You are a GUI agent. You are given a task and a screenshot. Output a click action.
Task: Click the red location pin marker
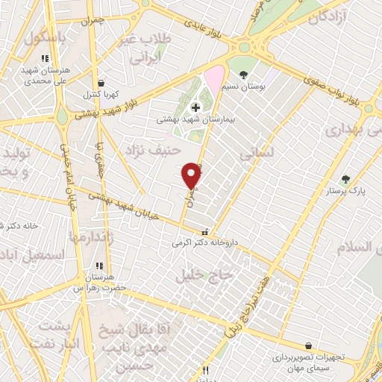tap(192, 175)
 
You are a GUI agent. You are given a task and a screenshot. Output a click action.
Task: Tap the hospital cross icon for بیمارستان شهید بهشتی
tap(195, 108)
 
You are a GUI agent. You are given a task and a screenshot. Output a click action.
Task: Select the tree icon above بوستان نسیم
tap(244, 74)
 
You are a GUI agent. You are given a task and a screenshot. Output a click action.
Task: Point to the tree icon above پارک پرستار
tap(345, 179)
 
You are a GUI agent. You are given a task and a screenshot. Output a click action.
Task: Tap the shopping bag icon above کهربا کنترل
tap(101, 84)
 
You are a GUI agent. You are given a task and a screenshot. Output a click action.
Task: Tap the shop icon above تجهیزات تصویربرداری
tap(309, 345)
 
